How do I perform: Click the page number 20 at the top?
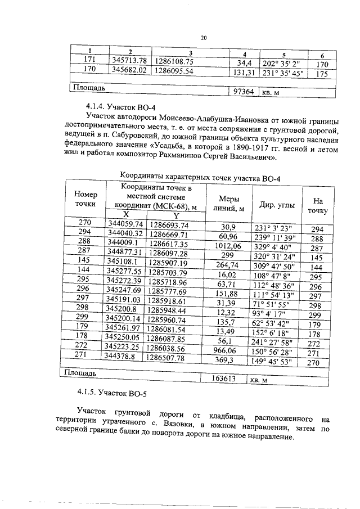(204, 38)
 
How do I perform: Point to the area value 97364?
(242, 91)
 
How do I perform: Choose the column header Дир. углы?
(274, 205)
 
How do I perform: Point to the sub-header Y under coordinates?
(175, 215)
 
